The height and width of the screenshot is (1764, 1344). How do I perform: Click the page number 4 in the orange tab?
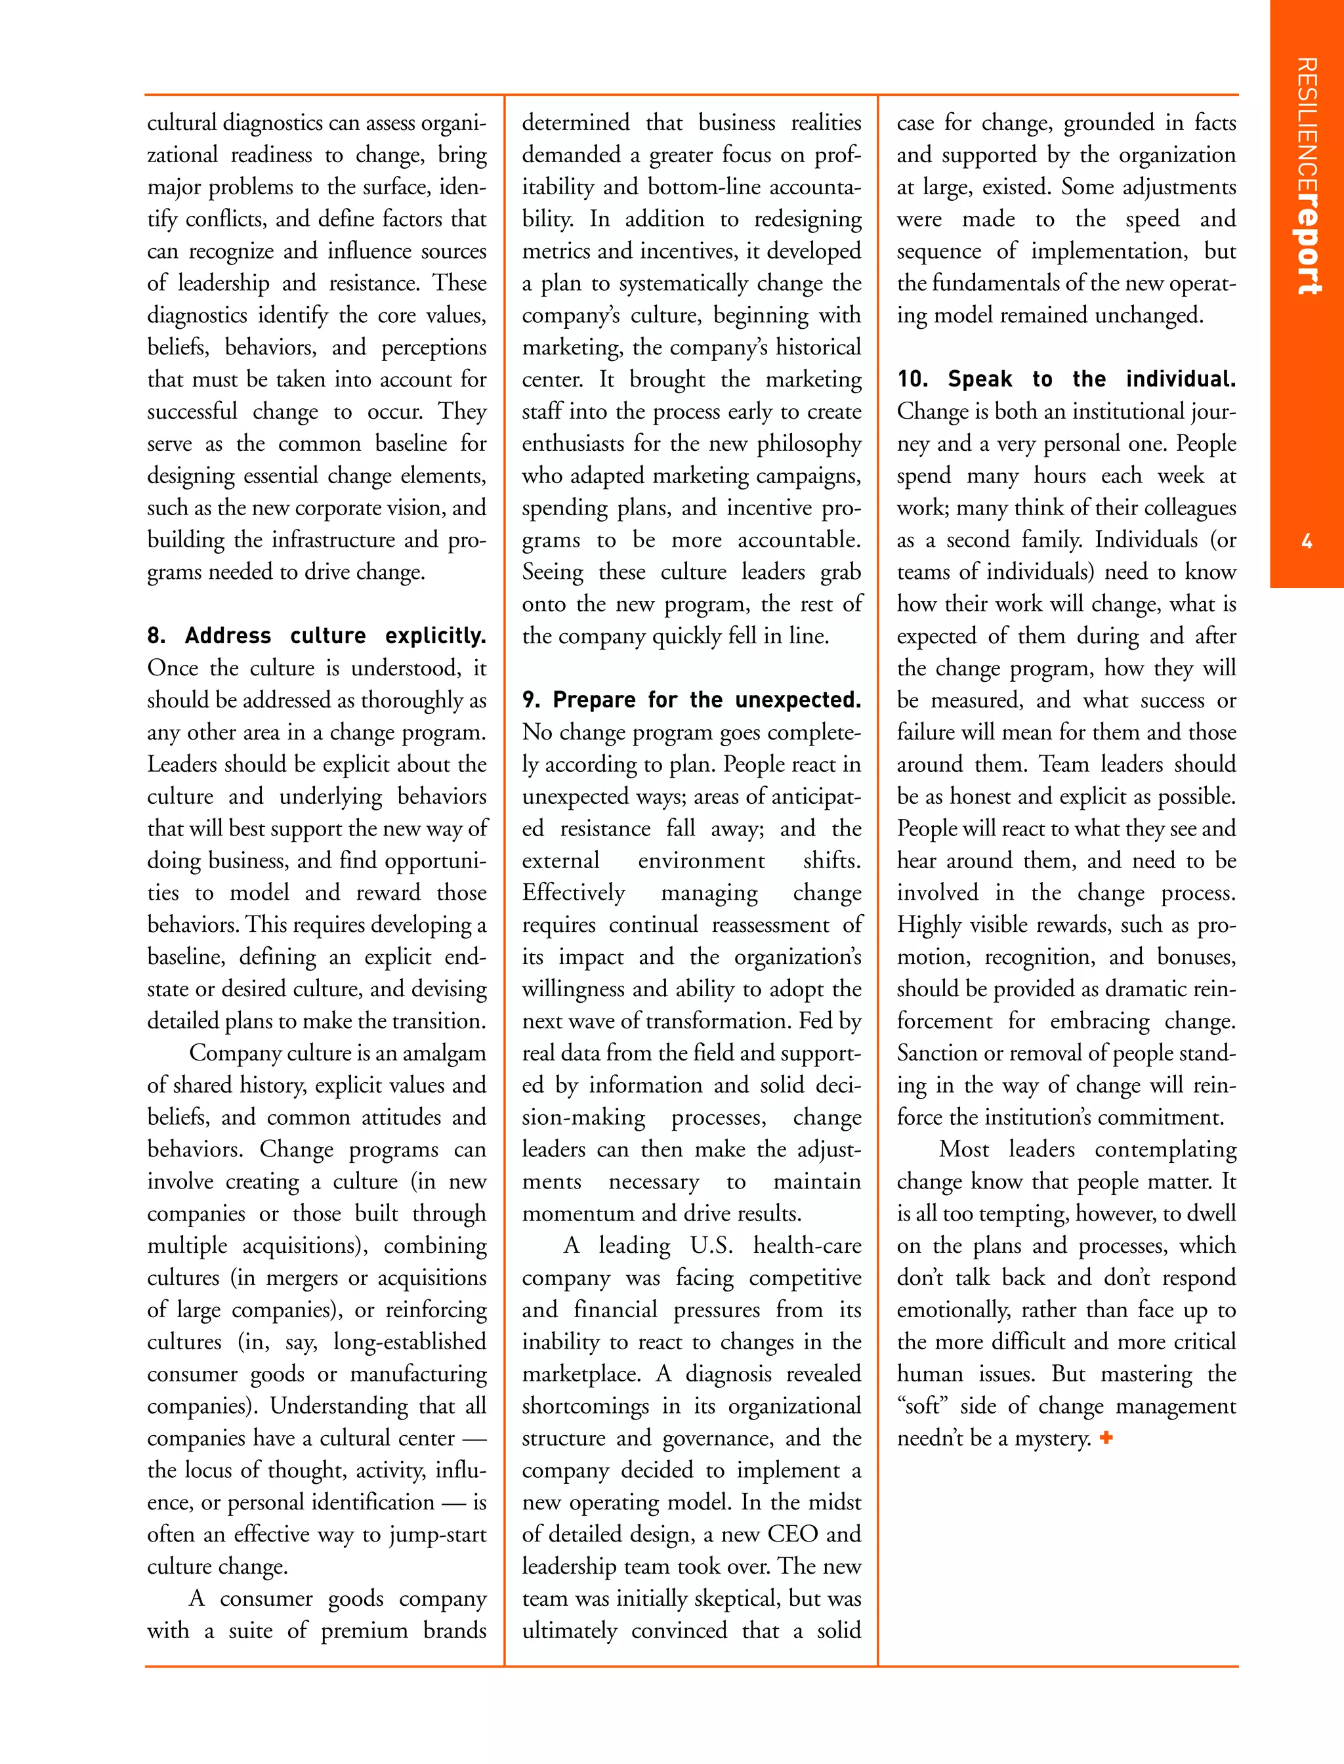point(1307,541)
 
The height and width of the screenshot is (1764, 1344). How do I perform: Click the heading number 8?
point(157,636)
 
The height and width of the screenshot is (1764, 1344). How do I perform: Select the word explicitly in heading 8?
point(435,637)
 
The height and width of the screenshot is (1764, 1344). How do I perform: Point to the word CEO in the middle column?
point(792,1534)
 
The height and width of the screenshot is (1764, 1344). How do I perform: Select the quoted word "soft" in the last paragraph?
point(921,1406)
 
